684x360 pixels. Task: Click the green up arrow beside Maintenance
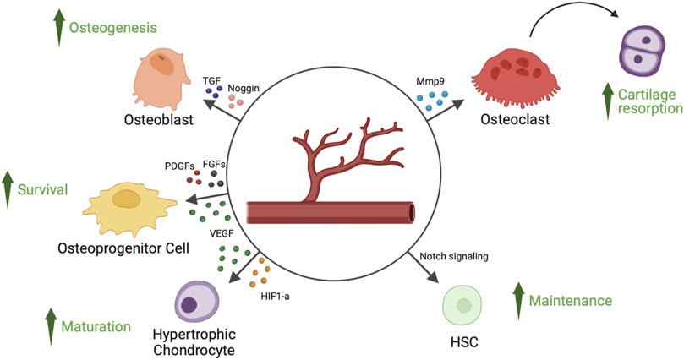point(518,300)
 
